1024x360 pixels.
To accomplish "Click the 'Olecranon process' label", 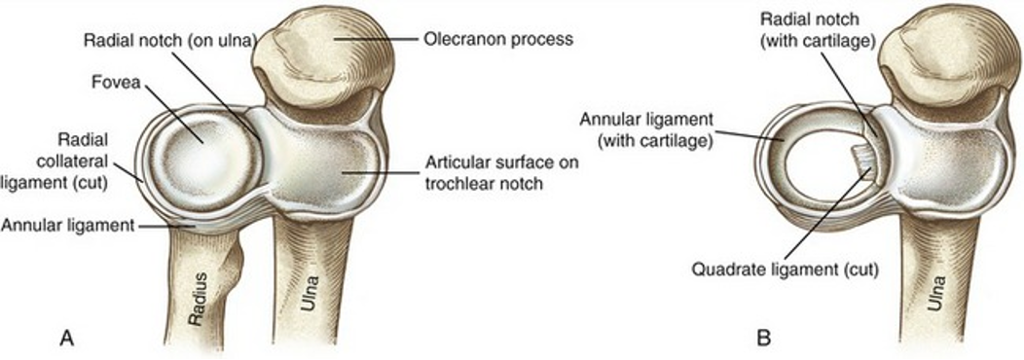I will pos(498,40).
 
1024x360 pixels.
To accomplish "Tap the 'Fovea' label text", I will pos(119,84).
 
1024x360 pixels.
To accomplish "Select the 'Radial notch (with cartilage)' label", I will pos(822,27).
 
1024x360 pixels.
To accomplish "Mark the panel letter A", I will pos(67,338).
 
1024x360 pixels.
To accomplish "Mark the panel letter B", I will pos(764,338).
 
